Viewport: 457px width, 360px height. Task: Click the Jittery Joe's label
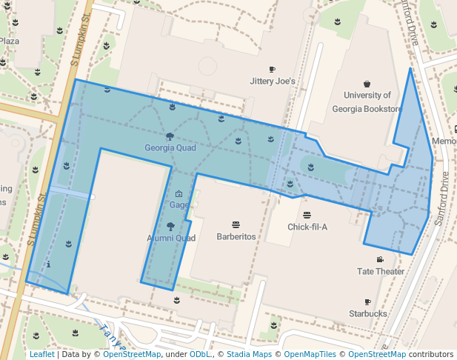click(x=273, y=81)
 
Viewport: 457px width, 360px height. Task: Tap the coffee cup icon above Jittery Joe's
click(x=272, y=69)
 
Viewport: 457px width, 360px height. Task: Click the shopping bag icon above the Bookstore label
click(x=367, y=83)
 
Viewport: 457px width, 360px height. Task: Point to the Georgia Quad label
click(x=170, y=147)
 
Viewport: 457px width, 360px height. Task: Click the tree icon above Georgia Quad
click(x=170, y=136)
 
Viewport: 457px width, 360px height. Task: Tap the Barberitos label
click(x=236, y=236)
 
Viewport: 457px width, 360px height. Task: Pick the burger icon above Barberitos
click(x=236, y=224)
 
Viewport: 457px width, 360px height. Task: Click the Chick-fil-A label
click(x=307, y=227)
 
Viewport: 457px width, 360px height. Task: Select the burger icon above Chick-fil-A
click(x=307, y=215)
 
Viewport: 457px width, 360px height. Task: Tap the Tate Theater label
click(x=381, y=271)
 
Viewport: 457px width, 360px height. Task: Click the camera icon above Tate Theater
click(x=380, y=259)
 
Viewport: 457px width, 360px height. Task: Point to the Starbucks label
click(x=368, y=314)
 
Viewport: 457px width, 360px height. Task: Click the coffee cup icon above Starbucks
click(x=367, y=302)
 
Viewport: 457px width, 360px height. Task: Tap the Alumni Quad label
click(x=170, y=239)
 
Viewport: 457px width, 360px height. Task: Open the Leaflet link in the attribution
click(x=41, y=355)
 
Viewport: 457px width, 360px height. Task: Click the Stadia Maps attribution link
click(x=250, y=355)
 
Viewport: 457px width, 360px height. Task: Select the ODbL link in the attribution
click(x=199, y=355)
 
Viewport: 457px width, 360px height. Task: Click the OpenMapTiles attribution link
click(x=310, y=355)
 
